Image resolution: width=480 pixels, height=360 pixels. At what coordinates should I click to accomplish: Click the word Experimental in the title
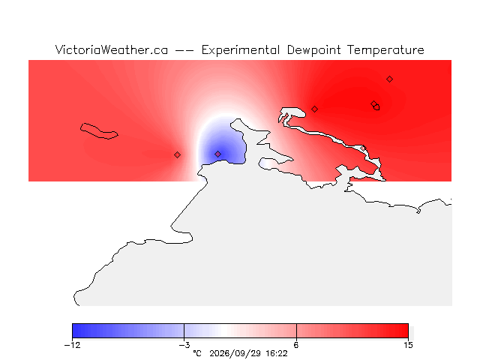click(x=241, y=50)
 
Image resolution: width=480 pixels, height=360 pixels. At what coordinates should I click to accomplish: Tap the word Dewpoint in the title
click(x=313, y=49)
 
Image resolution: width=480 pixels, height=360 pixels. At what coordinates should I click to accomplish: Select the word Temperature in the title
click(x=385, y=50)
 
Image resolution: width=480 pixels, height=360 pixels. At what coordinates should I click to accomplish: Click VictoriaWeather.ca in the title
click(x=112, y=49)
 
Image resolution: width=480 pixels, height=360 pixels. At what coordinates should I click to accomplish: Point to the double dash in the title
click(x=184, y=50)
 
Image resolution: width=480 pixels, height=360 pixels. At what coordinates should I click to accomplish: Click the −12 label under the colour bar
click(x=72, y=345)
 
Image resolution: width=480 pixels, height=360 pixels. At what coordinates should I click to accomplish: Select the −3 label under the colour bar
click(x=184, y=345)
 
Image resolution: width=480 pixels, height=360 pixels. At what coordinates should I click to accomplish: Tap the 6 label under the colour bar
click(x=296, y=345)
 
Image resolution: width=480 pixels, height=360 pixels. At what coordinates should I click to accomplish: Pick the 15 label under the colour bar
click(x=408, y=345)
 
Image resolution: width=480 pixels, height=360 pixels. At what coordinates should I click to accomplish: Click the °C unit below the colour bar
click(x=197, y=353)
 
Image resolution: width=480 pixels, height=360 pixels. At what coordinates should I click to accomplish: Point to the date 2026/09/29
click(x=235, y=353)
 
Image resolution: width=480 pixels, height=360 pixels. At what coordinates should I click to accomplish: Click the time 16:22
click(x=277, y=353)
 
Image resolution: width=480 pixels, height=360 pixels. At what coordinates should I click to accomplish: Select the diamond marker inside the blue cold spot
click(x=217, y=154)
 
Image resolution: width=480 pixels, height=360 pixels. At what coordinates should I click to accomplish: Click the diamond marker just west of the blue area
click(x=177, y=155)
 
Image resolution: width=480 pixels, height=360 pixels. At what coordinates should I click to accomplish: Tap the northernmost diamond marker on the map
click(x=389, y=79)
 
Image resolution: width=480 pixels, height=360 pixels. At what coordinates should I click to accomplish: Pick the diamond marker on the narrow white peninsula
click(x=363, y=148)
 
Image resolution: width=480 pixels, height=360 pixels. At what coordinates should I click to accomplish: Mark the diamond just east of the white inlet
click(x=314, y=109)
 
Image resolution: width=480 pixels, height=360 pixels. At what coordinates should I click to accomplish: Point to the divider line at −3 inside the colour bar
click(x=184, y=331)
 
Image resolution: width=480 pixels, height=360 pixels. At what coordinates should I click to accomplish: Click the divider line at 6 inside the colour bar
click(x=296, y=331)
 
